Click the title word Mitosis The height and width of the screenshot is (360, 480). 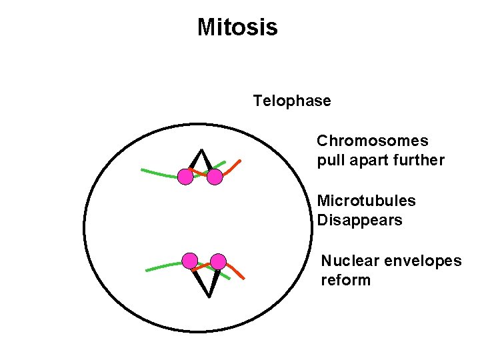pyautogui.click(x=237, y=28)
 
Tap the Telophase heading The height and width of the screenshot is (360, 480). pyautogui.click(x=291, y=101)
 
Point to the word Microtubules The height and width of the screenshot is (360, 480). pyautogui.click(x=366, y=201)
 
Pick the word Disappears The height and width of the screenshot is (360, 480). pyautogui.click(x=359, y=220)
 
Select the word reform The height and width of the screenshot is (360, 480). pyautogui.click(x=345, y=280)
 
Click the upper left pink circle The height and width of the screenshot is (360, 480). pyautogui.click(x=185, y=177)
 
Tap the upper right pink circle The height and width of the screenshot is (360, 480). pyautogui.click(x=214, y=177)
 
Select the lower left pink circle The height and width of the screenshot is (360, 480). pyautogui.click(x=190, y=260)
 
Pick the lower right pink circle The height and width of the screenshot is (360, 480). pyautogui.click(x=218, y=261)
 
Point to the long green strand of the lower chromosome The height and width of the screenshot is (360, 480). pyautogui.click(x=163, y=267)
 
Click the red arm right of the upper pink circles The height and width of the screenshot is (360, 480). pyautogui.click(x=233, y=168)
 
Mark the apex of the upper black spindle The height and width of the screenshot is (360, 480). pyautogui.click(x=199, y=149)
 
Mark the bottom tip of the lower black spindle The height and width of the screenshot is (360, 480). pyautogui.click(x=209, y=296)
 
